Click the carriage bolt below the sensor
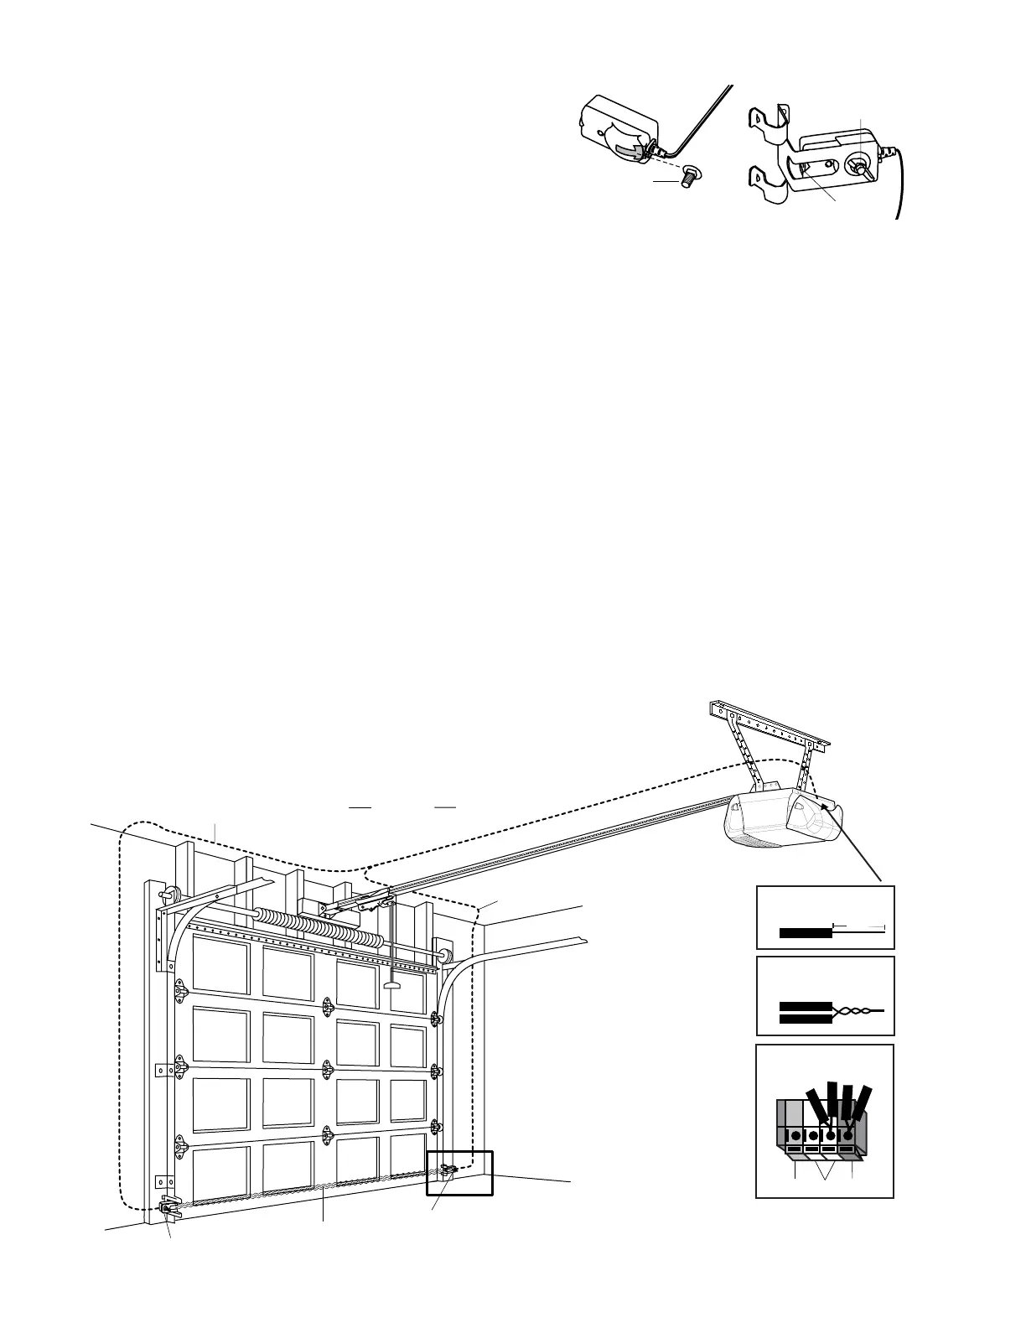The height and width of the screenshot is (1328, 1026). (x=692, y=178)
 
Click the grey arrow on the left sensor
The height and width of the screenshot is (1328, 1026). (x=628, y=150)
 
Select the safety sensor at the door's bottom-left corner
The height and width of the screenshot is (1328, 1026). (x=168, y=1208)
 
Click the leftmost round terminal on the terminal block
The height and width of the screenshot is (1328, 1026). (x=794, y=1136)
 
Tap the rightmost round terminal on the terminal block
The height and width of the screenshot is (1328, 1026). (x=847, y=1136)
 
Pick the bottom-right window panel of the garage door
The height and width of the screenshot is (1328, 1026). (x=407, y=1161)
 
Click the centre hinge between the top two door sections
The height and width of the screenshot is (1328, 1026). (x=328, y=1003)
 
